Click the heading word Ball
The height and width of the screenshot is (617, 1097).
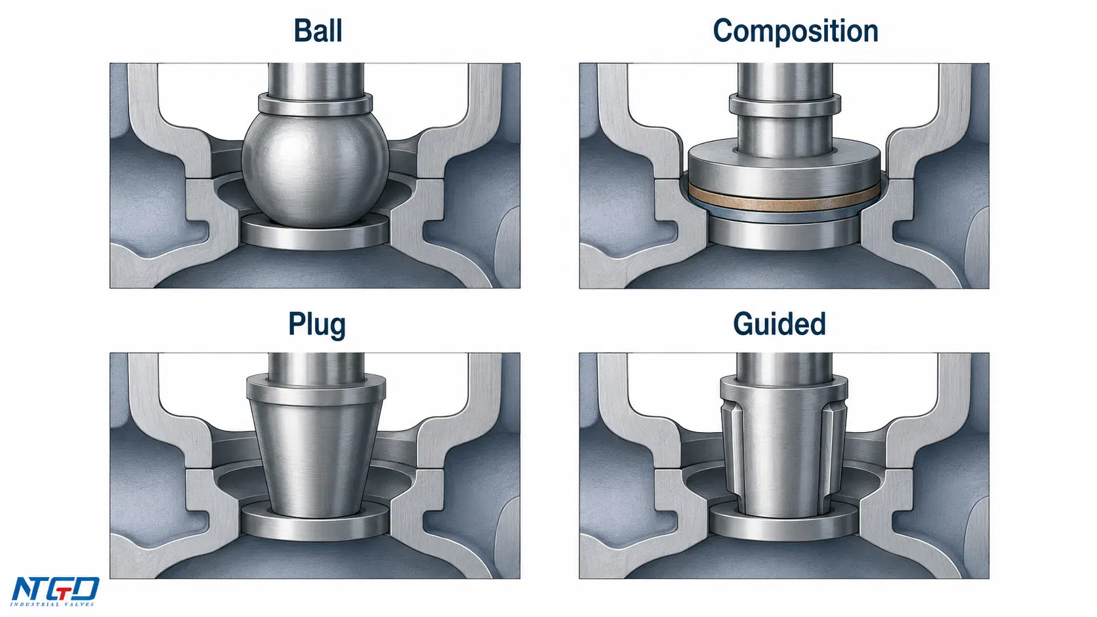click(x=318, y=31)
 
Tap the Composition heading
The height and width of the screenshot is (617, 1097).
click(x=795, y=32)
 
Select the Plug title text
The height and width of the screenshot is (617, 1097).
click(x=317, y=325)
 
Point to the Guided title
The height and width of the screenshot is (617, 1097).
click(x=779, y=324)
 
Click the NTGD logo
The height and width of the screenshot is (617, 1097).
click(x=54, y=591)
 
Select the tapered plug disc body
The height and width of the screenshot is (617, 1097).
click(x=316, y=458)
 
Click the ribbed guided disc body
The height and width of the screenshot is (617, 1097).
click(x=783, y=458)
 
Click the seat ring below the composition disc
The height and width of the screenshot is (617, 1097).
click(x=784, y=234)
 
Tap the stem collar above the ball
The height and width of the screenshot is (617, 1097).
click(x=316, y=104)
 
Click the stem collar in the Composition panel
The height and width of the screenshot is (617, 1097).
click(x=785, y=106)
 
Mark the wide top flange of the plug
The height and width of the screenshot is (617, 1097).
click(x=316, y=388)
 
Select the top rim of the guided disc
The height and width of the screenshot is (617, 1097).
click(x=784, y=388)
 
